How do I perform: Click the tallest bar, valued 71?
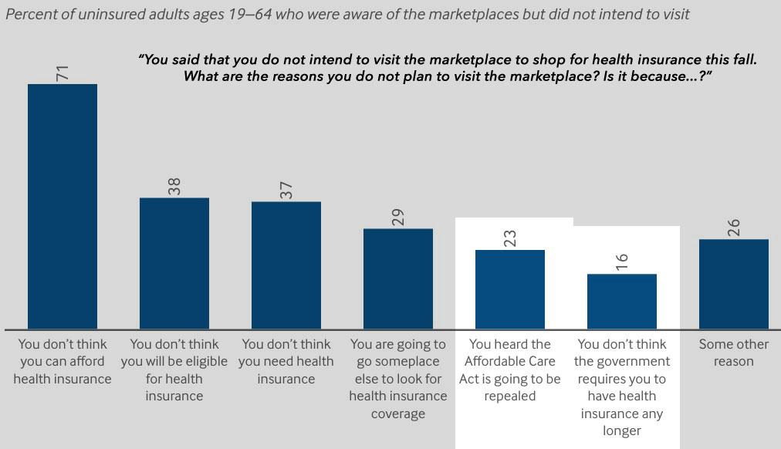[63, 206]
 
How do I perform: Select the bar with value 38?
[174, 263]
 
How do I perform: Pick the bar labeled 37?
[286, 265]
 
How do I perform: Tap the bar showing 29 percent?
[398, 279]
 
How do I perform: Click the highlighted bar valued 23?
[510, 289]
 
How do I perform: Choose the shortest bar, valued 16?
[622, 301]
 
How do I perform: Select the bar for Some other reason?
[734, 284]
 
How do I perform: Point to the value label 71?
[63, 73]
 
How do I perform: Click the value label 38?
[174, 187]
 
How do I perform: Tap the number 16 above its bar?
[622, 262]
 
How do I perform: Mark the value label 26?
[734, 228]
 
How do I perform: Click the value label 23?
[510, 238]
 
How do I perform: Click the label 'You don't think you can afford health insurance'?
[63, 361]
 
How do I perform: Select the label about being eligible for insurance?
[174, 370]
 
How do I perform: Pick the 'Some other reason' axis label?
[734, 353]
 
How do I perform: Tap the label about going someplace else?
[398, 378]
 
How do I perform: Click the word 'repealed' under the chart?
[510, 396]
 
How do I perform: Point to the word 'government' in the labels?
[622, 361]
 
